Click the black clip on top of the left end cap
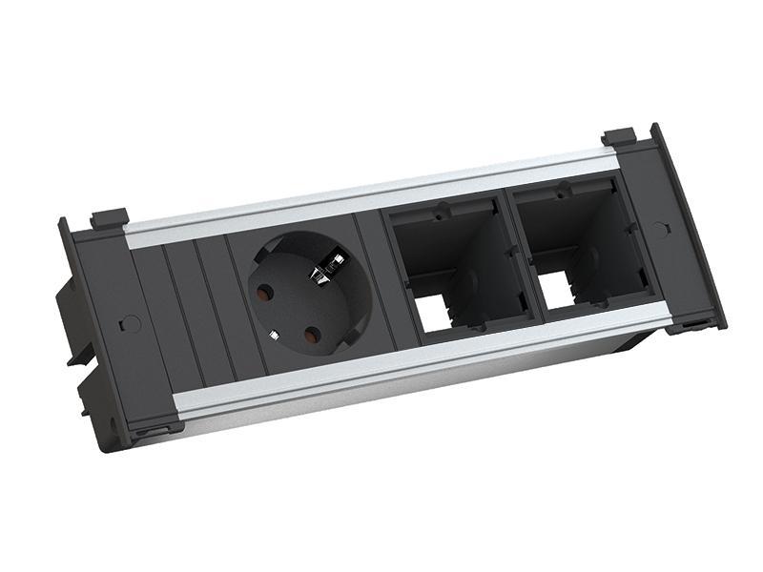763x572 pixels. (x=110, y=219)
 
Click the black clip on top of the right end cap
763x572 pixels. (x=619, y=137)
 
